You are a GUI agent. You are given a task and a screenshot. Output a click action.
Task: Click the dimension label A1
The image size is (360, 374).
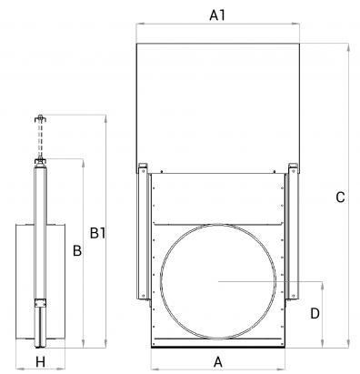(x=217, y=15)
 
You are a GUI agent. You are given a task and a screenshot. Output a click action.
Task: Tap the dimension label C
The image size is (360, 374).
(x=340, y=197)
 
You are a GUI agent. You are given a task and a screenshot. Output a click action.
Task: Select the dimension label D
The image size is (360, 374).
(x=315, y=314)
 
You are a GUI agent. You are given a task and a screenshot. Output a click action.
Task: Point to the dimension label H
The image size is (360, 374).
(x=40, y=362)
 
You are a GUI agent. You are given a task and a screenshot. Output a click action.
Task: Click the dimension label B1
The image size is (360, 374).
(x=97, y=233)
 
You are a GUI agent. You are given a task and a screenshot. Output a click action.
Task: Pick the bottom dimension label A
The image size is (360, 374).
(x=218, y=362)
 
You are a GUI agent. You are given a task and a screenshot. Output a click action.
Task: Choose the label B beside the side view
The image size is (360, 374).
(x=77, y=251)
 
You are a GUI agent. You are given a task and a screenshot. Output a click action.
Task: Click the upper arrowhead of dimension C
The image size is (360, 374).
(x=348, y=46)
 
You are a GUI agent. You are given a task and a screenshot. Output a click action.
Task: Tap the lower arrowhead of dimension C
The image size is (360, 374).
(x=348, y=344)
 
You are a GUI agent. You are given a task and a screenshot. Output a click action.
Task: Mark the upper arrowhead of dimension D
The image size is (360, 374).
(x=322, y=285)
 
